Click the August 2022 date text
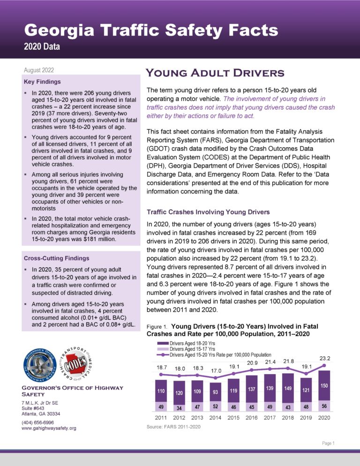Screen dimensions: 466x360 tap(38, 70)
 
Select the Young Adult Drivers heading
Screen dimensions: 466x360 tap(215, 73)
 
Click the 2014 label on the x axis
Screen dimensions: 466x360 tap(215, 417)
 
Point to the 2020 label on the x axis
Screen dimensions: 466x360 tap(323, 417)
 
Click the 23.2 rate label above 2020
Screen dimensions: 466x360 tap(323, 359)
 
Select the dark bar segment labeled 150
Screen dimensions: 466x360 tap(323, 385)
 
